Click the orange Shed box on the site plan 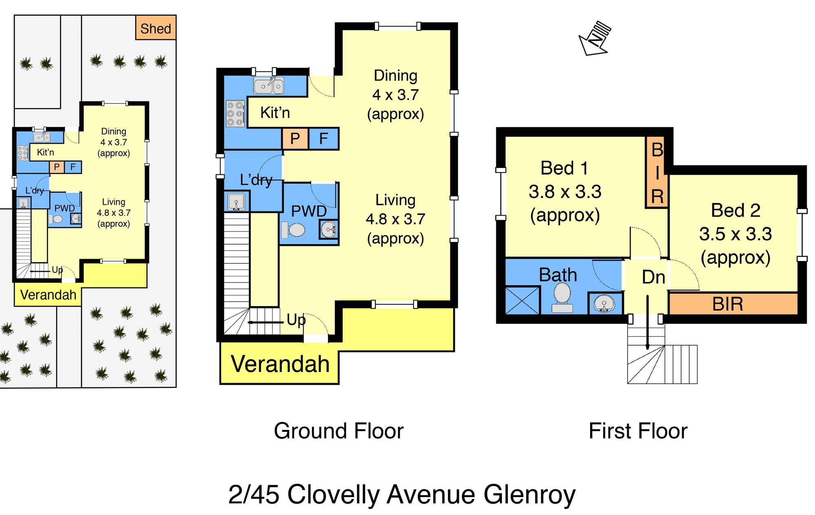pos(156,27)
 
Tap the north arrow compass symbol pos(595,38)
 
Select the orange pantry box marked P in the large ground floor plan pos(295,139)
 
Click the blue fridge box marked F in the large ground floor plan pos(324,139)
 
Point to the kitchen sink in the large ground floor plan pos(269,86)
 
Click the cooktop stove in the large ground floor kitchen pos(235,114)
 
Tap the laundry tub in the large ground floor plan pos(236,201)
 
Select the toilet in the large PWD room pos(293,230)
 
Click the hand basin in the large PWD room pos(328,230)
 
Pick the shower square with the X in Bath pos(522,301)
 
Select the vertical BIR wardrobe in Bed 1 pos(657,172)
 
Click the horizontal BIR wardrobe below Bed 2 pos(733,304)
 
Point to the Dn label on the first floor pos(653,277)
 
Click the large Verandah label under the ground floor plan pos(280,364)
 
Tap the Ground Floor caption pos(339,431)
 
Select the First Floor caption pos(638,431)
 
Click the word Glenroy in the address pos(530,495)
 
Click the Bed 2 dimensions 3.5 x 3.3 pos(736,234)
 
